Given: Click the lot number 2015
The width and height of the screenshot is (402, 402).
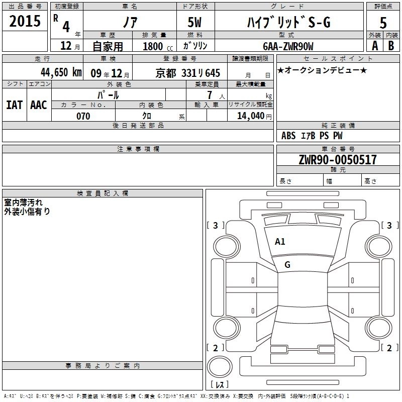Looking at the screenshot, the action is [25, 21].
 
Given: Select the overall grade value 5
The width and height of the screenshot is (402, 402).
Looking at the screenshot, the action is [383, 23].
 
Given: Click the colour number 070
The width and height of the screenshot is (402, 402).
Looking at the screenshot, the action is [83, 116].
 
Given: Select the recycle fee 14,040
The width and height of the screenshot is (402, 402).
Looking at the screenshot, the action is [250, 116].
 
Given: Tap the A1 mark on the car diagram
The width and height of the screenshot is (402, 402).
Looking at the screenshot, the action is [280, 242].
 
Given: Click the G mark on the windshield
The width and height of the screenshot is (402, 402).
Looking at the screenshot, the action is [287, 265].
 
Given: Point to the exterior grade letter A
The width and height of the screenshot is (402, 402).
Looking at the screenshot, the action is [374, 46].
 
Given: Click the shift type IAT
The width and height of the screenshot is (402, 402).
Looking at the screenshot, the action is [14, 105].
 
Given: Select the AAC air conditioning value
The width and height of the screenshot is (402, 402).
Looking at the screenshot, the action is [38, 105].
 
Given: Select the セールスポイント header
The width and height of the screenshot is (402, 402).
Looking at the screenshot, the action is [325, 59].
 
